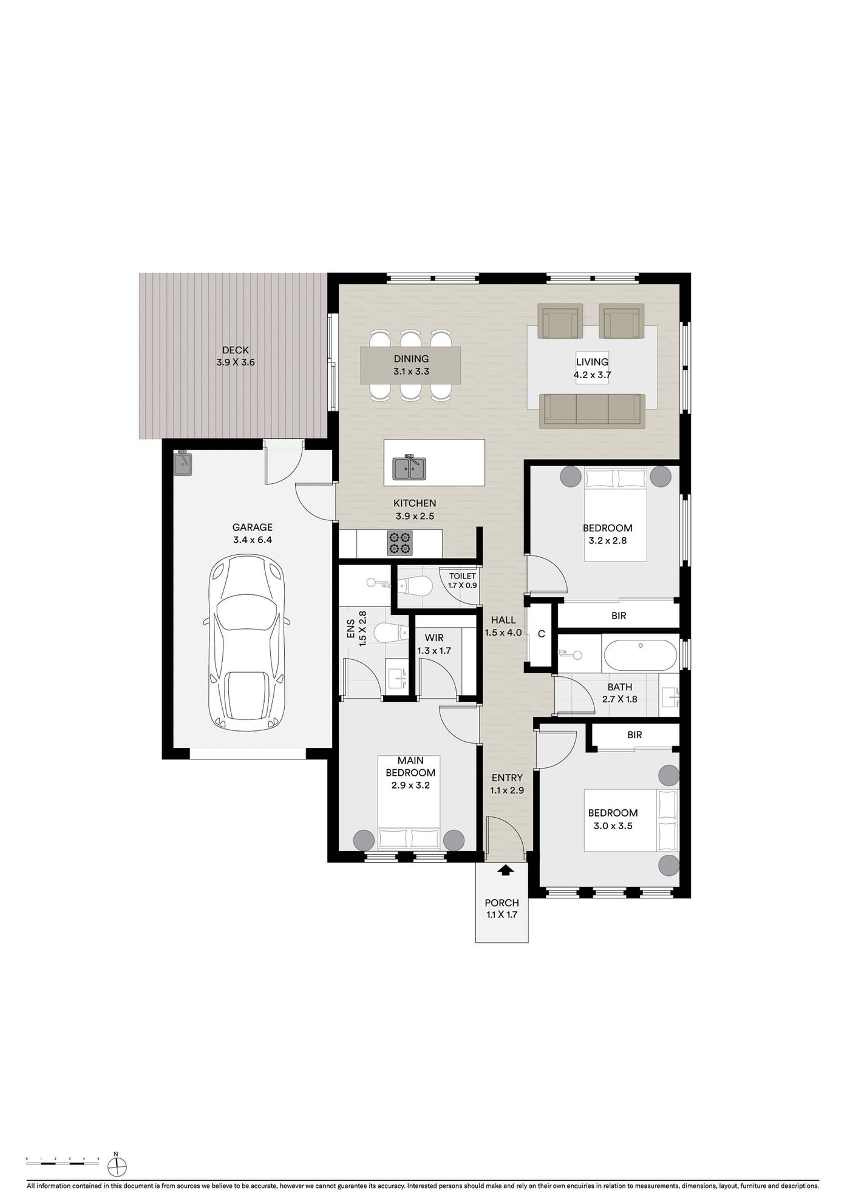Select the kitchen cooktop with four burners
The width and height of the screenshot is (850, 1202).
point(399,543)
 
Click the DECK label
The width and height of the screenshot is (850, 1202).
point(236,350)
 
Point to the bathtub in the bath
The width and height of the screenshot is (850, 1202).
point(641,654)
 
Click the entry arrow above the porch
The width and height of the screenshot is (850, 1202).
point(505,871)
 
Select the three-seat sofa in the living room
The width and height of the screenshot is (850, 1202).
point(592,410)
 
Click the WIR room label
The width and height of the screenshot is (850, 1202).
point(434,638)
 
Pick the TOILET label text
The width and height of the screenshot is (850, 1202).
point(463,576)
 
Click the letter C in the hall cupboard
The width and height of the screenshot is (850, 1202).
point(542,634)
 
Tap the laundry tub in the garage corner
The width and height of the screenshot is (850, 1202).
point(183,464)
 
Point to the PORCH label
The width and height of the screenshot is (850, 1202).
point(502,903)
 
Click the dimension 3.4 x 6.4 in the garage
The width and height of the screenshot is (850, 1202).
point(253,540)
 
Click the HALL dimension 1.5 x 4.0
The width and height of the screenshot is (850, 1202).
point(503,633)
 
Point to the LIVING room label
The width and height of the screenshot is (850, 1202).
point(592,362)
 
